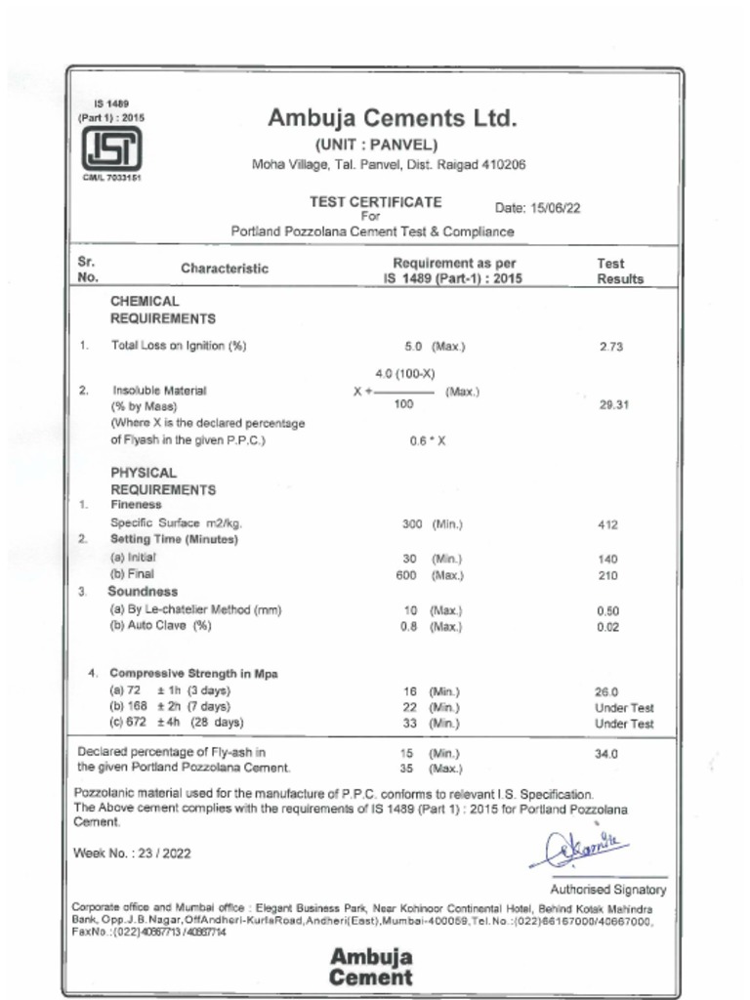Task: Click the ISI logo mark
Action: click(110, 148)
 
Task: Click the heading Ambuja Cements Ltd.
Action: click(391, 119)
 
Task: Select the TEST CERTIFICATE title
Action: click(375, 202)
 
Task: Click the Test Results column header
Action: click(620, 271)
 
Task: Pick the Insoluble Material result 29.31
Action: click(613, 404)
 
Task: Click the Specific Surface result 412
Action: click(608, 524)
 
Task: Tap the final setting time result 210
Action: click(607, 575)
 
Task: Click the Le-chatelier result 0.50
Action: click(607, 611)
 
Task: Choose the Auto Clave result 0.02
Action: click(607, 627)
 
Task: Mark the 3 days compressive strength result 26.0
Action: click(606, 690)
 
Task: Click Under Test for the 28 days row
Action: click(624, 724)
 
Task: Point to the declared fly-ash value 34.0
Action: click(606, 753)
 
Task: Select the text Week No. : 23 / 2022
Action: click(133, 853)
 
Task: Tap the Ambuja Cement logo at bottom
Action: click(371, 966)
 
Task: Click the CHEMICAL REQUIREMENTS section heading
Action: click(162, 310)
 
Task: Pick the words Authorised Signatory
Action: click(607, 890)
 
